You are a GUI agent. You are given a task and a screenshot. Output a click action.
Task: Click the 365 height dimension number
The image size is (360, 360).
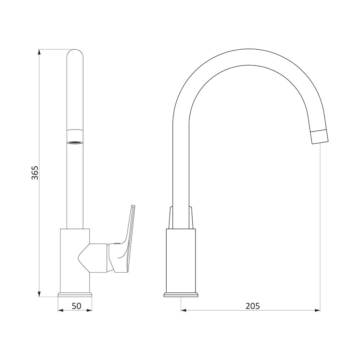tap(35, 172)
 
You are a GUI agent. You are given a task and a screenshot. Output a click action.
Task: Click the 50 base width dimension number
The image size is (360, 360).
tap(76, 306)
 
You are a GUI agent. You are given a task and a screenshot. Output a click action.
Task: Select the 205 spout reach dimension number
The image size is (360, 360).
tap(253, 306)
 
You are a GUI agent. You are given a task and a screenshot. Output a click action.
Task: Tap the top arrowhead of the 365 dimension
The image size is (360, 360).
tap(39, 52)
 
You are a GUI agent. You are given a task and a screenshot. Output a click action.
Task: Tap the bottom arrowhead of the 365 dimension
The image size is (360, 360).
tap(39, 294)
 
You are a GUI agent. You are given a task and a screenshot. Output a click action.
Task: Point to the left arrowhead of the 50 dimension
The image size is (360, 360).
tap(60, 311)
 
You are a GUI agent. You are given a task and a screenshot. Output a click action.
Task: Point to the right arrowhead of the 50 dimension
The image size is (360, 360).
tap(89, 311)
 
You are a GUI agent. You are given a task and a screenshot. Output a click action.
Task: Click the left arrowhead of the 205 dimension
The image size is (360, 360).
tap(184, 311)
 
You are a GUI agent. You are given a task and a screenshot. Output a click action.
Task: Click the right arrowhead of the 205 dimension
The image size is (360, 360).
tap(318, 311)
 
